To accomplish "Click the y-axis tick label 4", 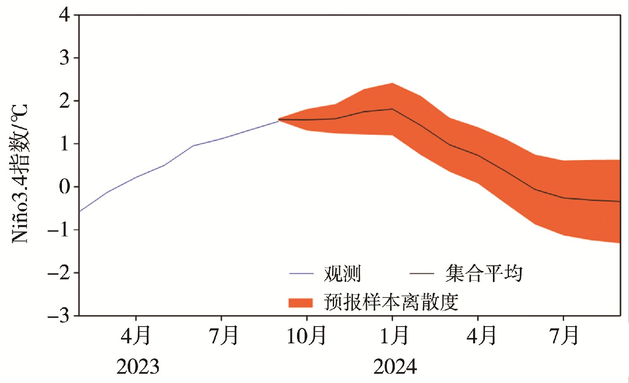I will click(x=64, y=15).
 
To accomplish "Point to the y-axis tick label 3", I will click(x=64, y=58).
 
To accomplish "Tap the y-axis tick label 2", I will click(x=64, y=101).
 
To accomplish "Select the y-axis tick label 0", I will click(x=64, y=187).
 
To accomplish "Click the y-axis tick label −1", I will click(x=59, y=230).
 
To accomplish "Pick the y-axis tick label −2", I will click(x=59, y=273).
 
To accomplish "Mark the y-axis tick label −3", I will click(x=59, y=316).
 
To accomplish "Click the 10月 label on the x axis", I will click(x=306, y=336).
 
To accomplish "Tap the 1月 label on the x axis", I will click(x=394, y=336).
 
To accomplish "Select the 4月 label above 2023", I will click(x=136, y=336).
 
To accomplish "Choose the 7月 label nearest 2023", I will click(x=224, y=336).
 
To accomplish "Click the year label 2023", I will click(x=138, y=367).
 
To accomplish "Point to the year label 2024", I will click(x=395, y=367).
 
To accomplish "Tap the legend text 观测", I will click(x=342, y=274).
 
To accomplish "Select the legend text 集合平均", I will click(x=484, y=274).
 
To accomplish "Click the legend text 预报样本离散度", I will click(x=391, y=302).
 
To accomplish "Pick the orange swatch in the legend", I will click(x=300, y=303).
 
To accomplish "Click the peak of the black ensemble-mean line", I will click(x=392, y=109).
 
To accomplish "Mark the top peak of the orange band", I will click(x=392, y=83).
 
